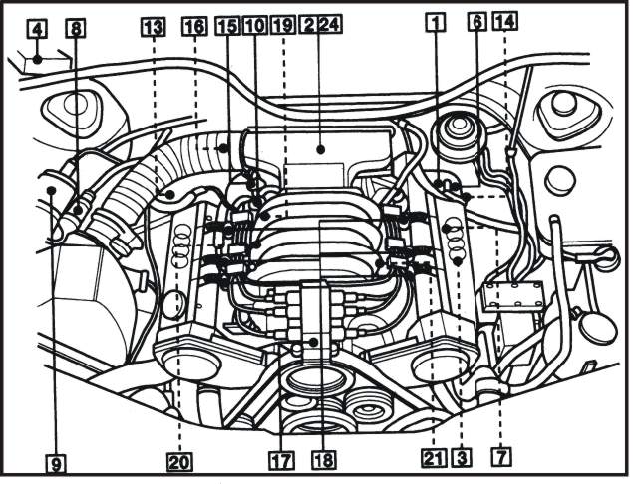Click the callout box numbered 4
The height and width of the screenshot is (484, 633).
point(37,29)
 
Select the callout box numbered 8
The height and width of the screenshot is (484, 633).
point(76,28)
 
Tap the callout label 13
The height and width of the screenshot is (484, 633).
point(154,27)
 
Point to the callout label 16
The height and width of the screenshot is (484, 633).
point(194,26)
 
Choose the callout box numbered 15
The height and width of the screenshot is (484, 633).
point(228,26)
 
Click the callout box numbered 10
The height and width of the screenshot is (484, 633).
point(255,26)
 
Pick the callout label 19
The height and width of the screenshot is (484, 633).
point(282,26)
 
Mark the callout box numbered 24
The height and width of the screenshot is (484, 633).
point(330,24)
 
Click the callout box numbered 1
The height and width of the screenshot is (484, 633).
point(436,22)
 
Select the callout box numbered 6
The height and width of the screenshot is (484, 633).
point(477,21)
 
